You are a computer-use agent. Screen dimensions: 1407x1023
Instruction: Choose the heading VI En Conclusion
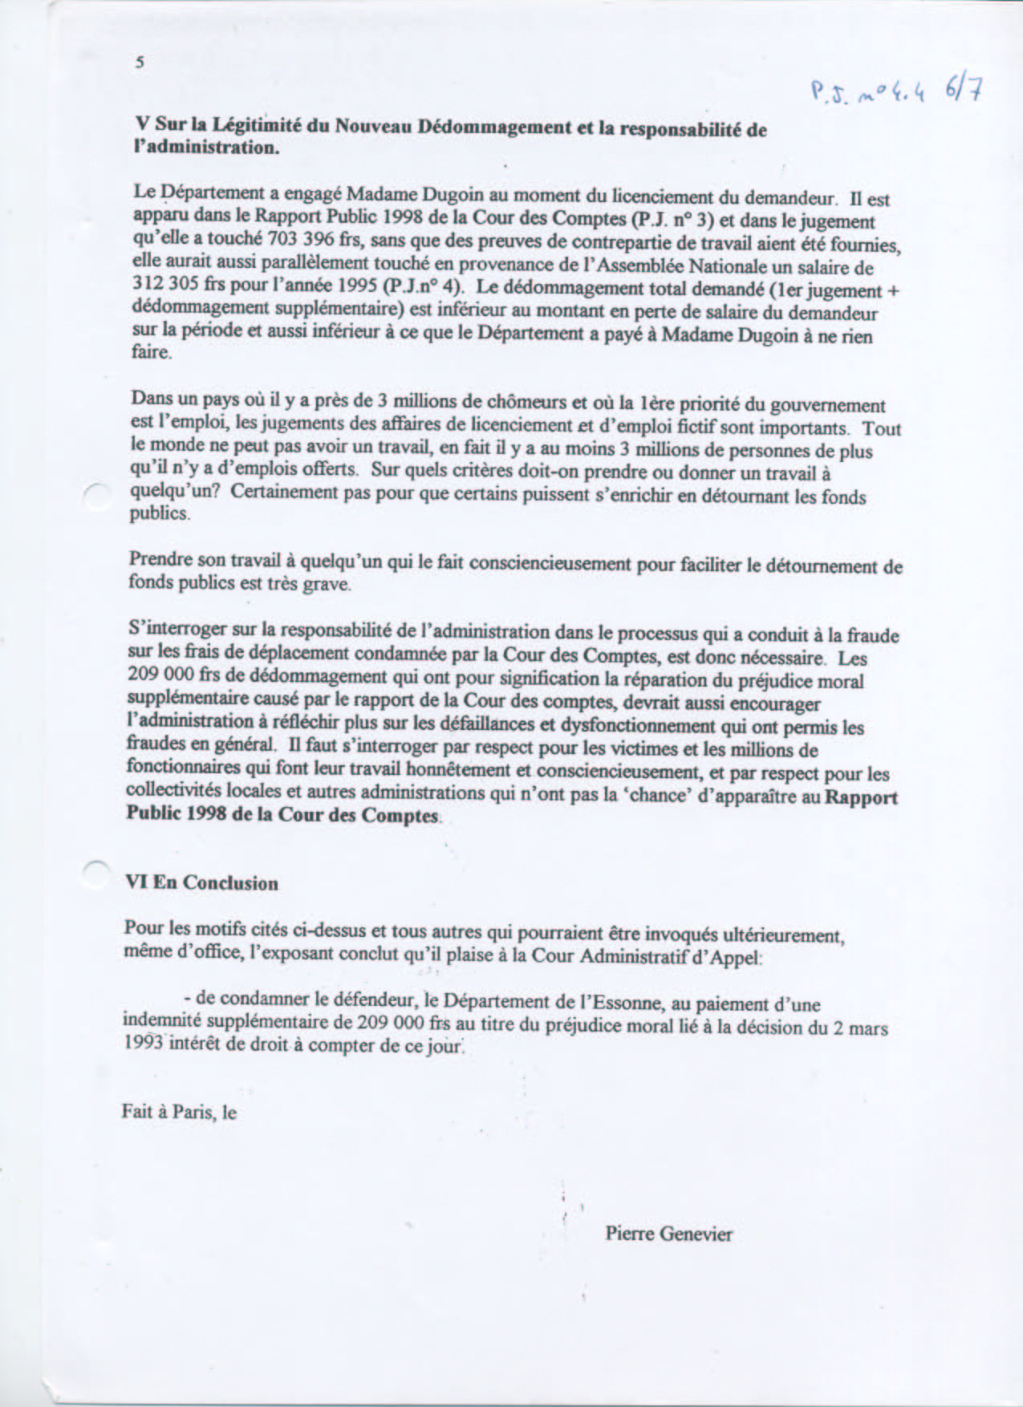[x=202, y=883]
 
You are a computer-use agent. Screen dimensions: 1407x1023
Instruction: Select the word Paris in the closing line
[x=193, y=1112]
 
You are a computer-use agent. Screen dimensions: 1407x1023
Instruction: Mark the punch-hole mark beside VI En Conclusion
[x=96, y=871]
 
